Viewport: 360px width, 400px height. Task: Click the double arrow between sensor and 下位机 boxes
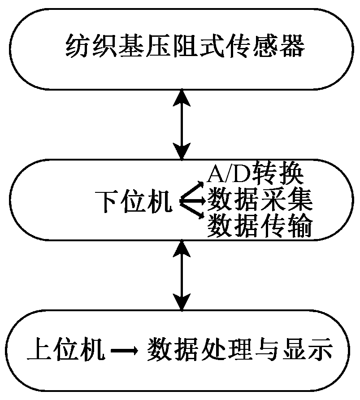181,123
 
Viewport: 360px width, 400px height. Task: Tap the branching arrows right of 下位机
192,201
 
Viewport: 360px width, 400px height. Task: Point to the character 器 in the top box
291,47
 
